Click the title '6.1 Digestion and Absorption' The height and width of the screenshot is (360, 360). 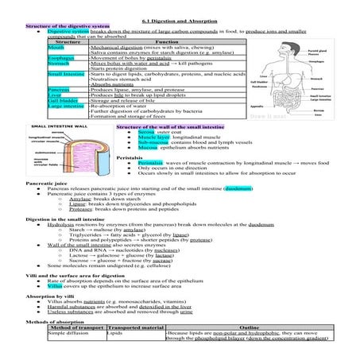(179, 20)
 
